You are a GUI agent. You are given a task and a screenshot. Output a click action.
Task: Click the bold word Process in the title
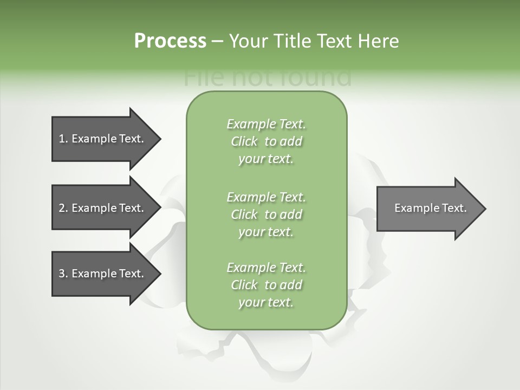click(170, 41)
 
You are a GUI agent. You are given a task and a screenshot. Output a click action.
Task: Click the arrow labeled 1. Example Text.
click(103, 139)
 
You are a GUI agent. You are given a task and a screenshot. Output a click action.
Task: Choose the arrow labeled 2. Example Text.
click(103, 208)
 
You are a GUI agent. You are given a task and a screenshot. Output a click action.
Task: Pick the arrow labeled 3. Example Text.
click(103, 274)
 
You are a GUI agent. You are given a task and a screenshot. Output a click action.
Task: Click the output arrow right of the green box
click(428, 208)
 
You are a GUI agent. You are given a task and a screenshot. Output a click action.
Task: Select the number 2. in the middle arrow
click(63, 208)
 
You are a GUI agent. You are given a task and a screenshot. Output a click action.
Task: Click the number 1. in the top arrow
click(63, 139)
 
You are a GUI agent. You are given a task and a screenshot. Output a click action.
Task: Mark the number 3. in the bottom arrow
click(63, 274)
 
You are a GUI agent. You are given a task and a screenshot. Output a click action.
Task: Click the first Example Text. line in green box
click(266, 124)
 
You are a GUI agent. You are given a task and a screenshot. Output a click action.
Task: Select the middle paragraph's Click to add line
click(266, 214)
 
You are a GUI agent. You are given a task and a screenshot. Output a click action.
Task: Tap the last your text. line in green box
click(266, 302)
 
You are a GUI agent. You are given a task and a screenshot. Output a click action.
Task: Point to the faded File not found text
click(268, 78)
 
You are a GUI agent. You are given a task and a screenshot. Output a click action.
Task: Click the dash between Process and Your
click(217, 41)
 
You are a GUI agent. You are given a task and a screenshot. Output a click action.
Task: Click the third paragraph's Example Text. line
click(266, 268)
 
